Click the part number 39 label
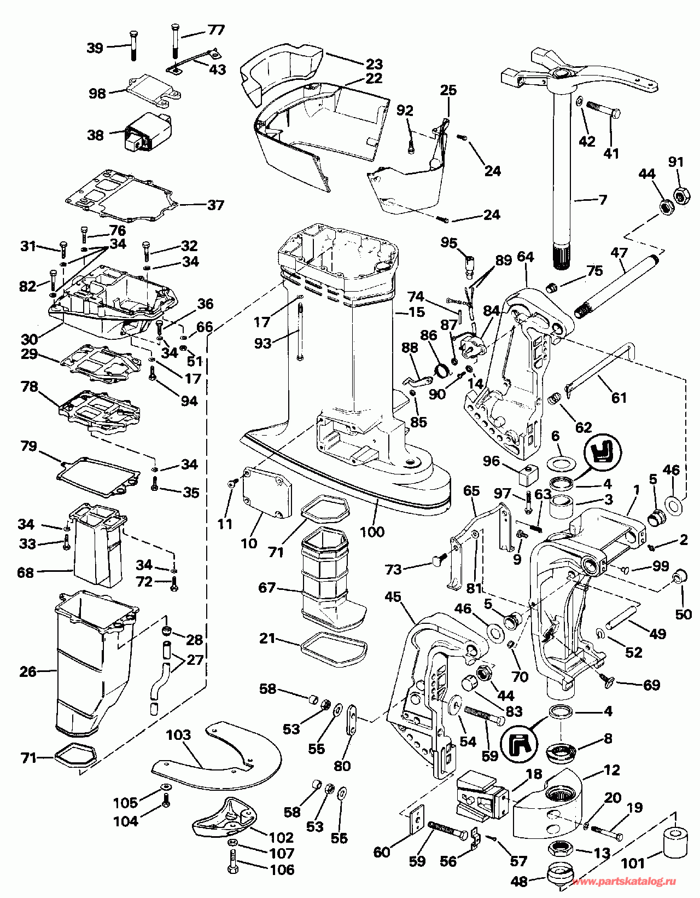(x=95, y=48)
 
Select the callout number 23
(x=375, y=64)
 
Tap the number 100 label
(x=372, y=531)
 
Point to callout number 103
(x=179, y=734)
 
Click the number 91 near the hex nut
(x=676, y=162)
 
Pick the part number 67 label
(x=267, y=588)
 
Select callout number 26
(x=28, y=671)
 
